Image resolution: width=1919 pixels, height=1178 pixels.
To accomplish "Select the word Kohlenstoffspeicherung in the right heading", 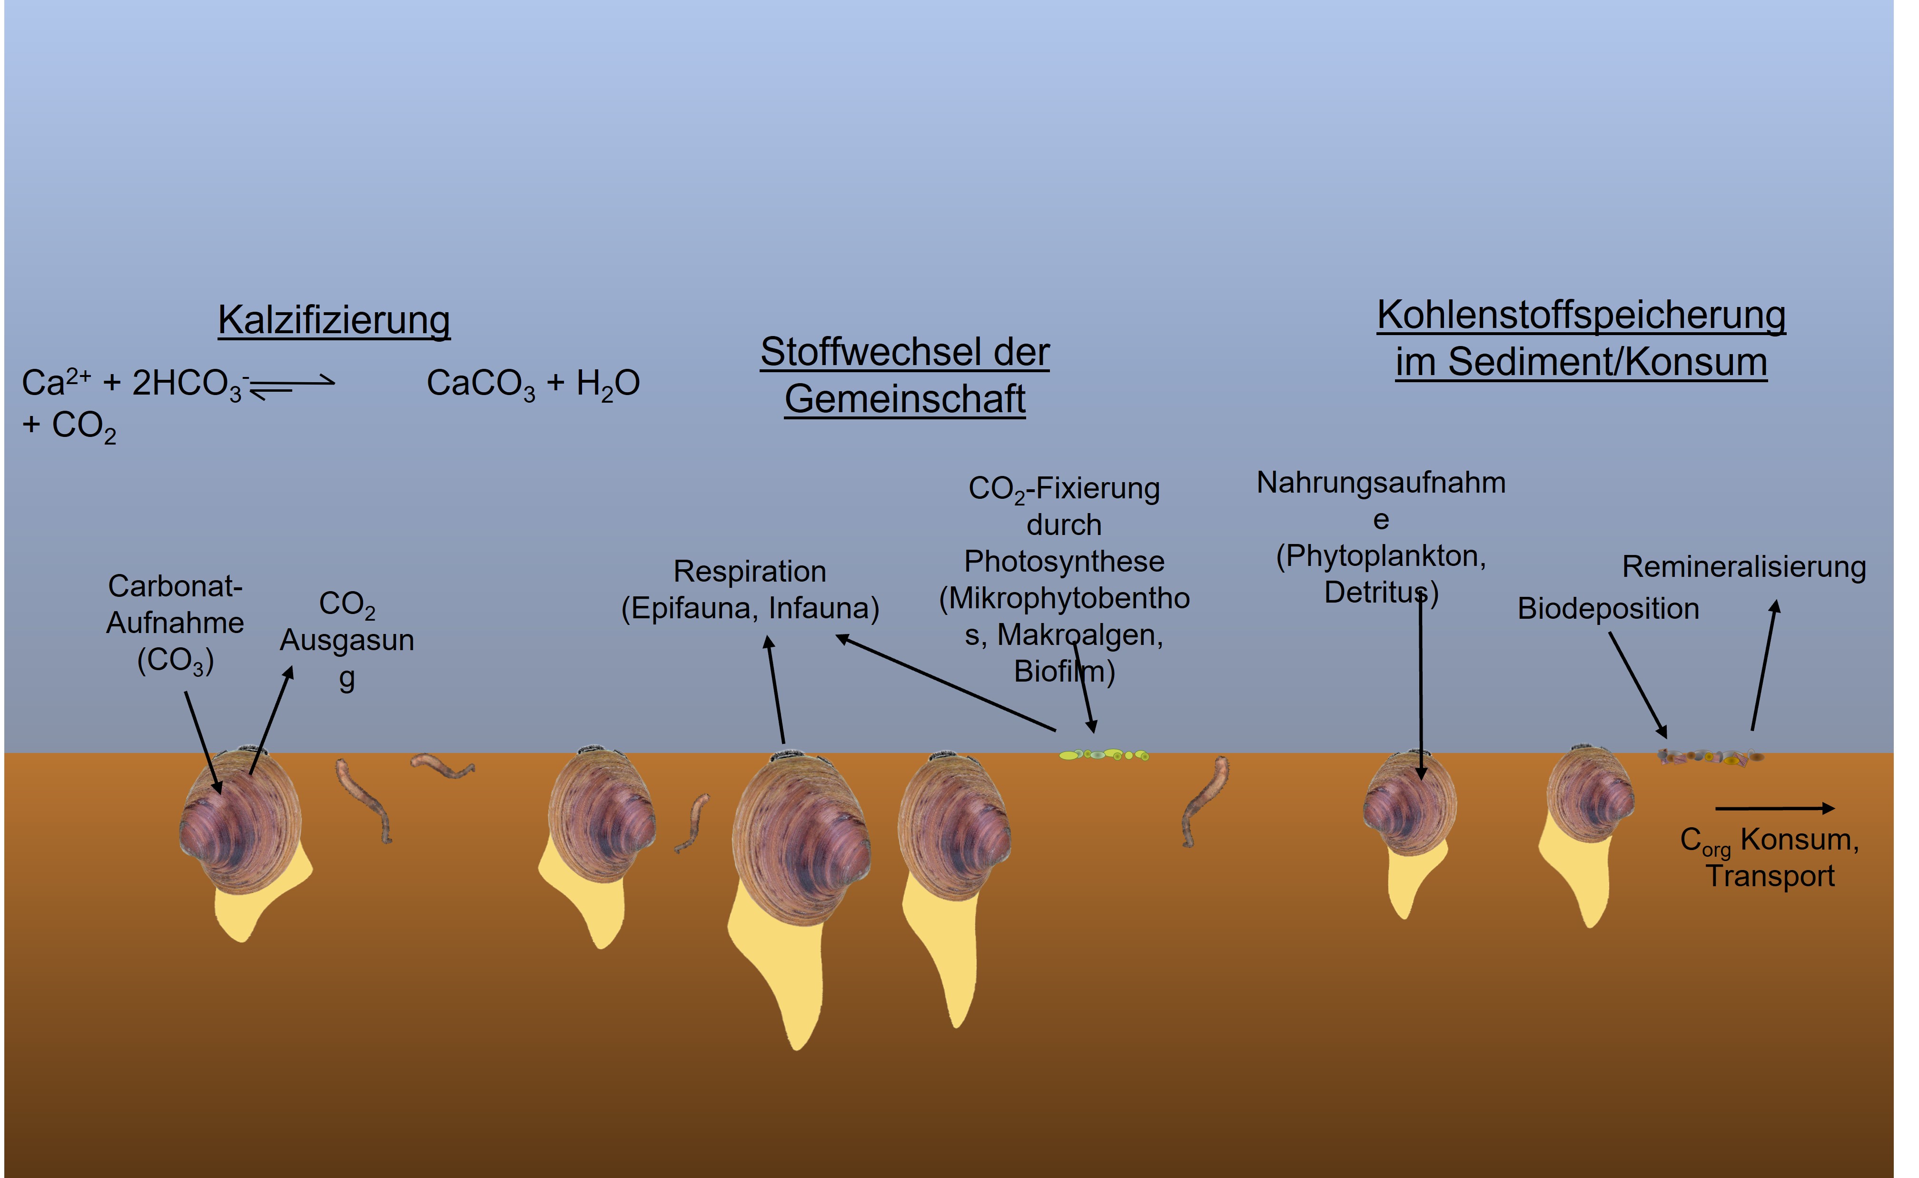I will click(1581, 316).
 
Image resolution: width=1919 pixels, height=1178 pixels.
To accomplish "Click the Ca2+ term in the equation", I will click(55, 383).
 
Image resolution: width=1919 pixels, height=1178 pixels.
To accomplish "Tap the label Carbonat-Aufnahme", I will click(175, 604).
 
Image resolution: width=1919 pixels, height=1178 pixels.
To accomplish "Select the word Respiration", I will click(749, 572).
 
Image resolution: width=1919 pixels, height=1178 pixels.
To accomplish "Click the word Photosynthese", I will click(1064, 562).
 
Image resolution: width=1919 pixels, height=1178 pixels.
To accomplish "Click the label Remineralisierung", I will click(1744, 567).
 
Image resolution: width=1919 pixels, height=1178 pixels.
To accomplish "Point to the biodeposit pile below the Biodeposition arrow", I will click(1710, 756).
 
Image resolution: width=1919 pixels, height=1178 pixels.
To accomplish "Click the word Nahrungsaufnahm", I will click(1381, 483).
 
